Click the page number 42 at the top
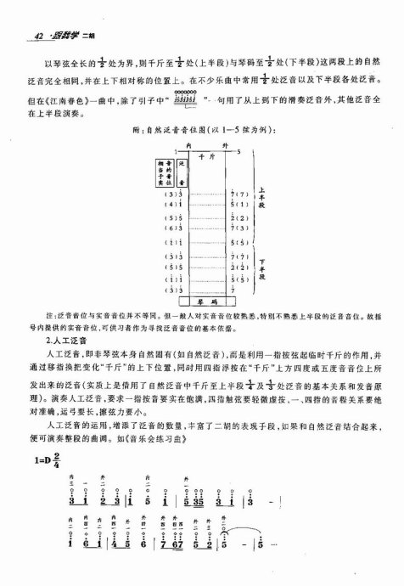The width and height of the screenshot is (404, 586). (25, 34)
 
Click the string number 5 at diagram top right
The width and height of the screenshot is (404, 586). (239, 153)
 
